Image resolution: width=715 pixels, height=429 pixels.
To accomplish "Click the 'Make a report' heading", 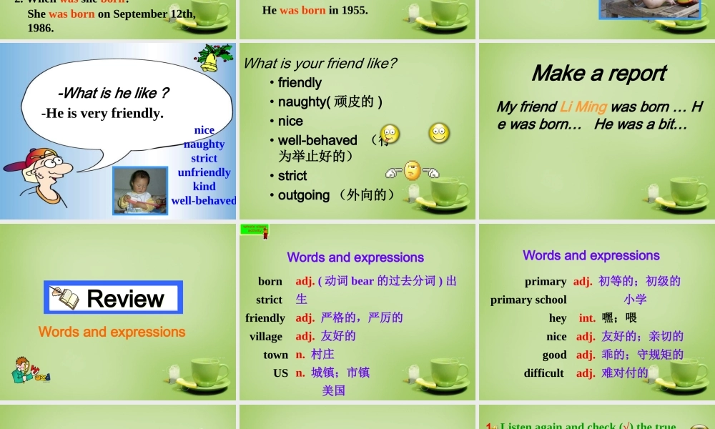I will click(598, 74).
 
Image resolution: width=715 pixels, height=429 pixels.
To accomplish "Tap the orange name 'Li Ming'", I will click(583, 107).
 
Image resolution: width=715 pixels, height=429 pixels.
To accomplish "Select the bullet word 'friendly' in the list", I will click(300, 83).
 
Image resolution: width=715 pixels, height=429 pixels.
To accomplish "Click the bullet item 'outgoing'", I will click(304, 195).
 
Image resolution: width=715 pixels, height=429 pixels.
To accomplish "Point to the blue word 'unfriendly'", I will click(204, 172).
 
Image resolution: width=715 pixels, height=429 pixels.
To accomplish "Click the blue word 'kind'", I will click(204, 186).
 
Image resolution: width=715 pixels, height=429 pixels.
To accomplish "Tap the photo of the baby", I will click(140, 190).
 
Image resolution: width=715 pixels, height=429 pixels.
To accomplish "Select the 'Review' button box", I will click(114, 297).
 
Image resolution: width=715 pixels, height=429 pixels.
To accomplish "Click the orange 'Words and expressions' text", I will click(112, 332).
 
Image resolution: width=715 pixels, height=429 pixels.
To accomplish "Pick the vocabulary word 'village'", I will click(266, 336).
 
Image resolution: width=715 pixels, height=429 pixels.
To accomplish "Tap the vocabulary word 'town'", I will click(275, 355).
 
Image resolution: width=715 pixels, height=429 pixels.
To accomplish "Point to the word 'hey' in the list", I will click(558, 318).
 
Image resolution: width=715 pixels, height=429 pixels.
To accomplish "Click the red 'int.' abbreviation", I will click(587, 318).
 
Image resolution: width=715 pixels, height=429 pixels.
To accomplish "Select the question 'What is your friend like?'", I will click(320, 64).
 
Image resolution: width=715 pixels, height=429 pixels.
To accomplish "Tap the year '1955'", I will click(355, 10).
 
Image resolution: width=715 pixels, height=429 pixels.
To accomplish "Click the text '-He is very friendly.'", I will click(102, 113).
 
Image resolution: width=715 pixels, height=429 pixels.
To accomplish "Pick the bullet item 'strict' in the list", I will click(292, 176).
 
